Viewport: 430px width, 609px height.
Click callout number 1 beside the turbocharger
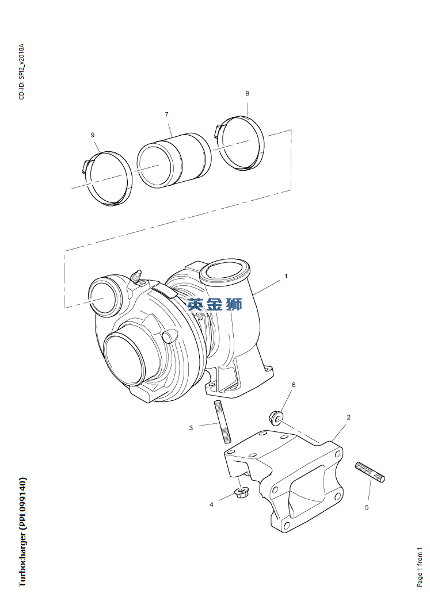(286, 276)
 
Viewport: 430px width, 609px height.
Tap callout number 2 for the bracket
(348, 417)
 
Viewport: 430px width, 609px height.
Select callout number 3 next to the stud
(191, 427)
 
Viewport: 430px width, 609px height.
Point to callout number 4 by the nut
(211, 504)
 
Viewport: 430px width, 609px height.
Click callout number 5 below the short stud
(367, 507)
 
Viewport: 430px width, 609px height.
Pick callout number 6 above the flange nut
(293, 385)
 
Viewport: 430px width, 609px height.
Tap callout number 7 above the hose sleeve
(166, 114)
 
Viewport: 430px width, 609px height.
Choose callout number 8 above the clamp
(247, 93)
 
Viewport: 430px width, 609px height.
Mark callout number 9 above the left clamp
(93, 135)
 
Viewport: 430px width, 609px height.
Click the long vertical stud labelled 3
(222, 422)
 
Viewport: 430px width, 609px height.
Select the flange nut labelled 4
(241, 493)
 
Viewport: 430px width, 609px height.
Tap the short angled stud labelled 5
(370, 471)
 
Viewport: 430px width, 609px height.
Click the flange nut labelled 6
(275, 416)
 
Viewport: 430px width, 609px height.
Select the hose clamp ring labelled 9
(108, 178)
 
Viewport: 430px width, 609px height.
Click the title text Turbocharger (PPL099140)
(22, 531)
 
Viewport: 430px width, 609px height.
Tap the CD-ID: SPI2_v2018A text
(22, 71)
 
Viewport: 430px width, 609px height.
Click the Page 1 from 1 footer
(420, 566)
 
